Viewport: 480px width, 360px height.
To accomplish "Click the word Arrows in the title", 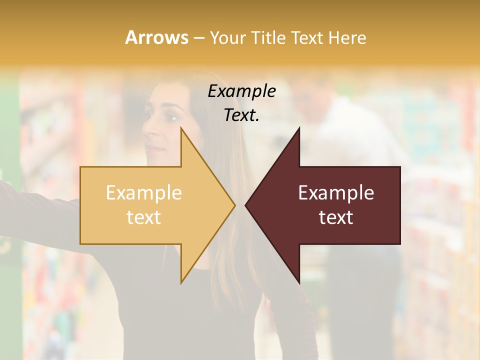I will (156, 37).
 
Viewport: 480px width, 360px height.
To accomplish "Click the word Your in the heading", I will (227, 37).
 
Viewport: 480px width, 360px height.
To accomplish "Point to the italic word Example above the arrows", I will (241, 91).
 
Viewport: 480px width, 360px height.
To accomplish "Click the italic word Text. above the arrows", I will (241, 115).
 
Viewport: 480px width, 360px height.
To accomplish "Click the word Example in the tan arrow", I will (144, 193).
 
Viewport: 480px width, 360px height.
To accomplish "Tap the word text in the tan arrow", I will (144, 217).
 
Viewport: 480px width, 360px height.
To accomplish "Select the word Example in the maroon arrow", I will (336, 193).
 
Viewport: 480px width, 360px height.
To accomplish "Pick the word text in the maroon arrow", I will (336, 217).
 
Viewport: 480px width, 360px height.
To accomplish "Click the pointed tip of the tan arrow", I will (234, 205).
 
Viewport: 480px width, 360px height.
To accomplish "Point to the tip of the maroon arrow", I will (245, 205).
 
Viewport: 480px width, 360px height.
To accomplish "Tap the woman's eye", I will (170, 118).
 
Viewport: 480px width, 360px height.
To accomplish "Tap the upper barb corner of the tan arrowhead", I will (181, 128).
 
